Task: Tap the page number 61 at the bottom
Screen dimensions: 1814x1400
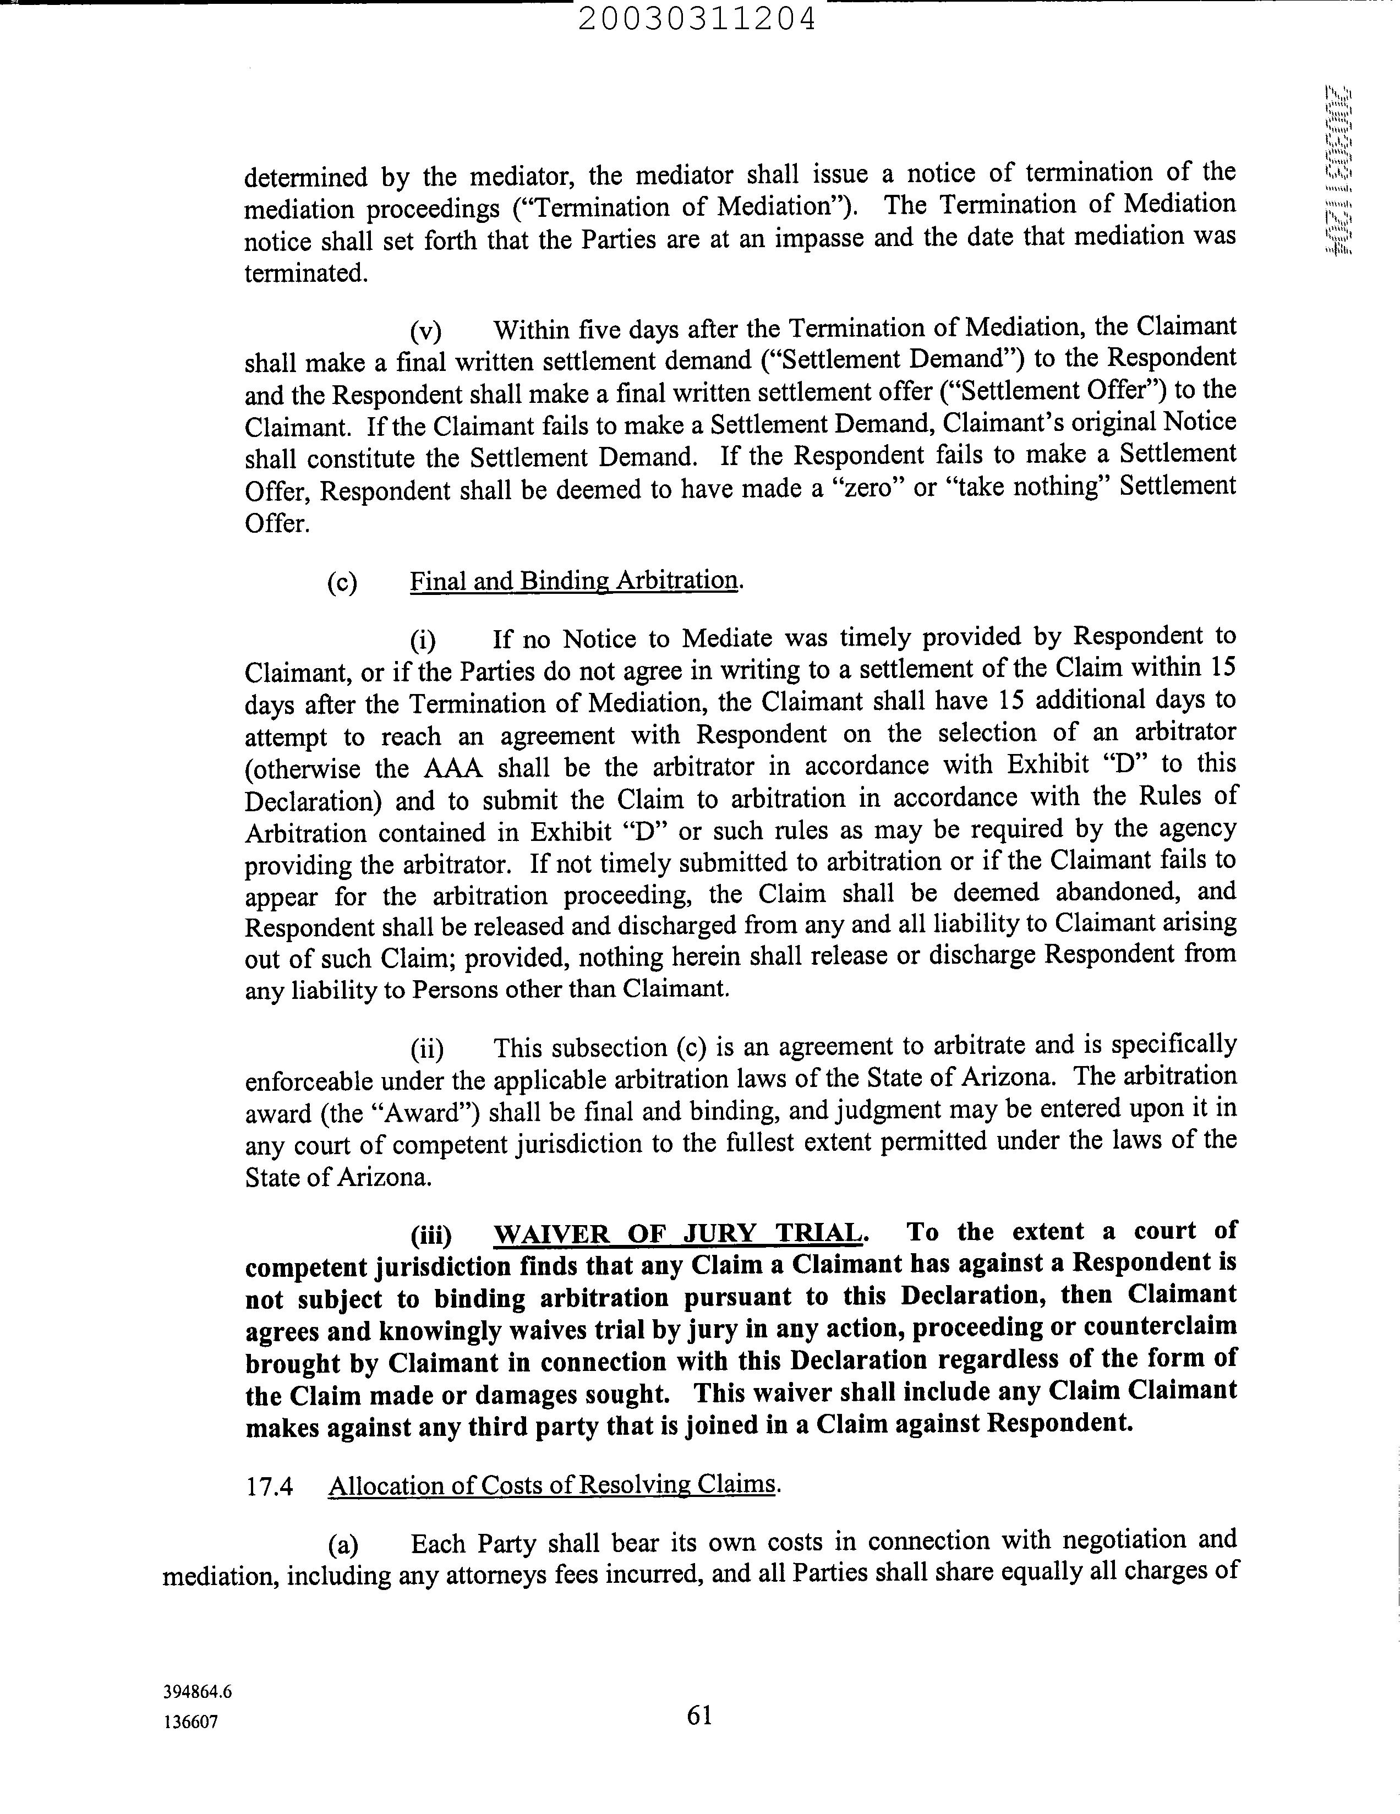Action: [699, 1714]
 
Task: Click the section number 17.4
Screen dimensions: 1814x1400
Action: [270, 1485]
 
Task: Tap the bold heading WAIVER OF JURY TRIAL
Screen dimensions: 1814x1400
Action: [679, 1233]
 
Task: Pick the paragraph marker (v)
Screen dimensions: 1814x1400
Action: [426, 331]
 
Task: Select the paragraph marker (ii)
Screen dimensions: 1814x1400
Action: [428, 1049]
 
